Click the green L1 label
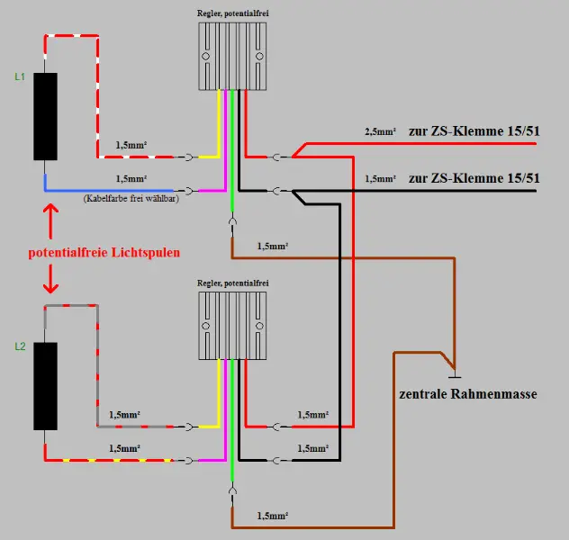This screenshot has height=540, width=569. (x=19, y=77)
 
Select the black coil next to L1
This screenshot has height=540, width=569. (x=45, y=115)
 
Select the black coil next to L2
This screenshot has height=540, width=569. (x=45, y=385)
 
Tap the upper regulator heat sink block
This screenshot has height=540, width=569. (x=232, y=57)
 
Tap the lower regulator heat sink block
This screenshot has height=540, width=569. (x=232, y=325)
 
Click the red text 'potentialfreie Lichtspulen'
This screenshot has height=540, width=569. (x=104, y=253)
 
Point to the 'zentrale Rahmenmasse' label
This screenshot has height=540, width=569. (x=468, y=393)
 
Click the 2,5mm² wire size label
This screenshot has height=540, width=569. (x=380, y=132)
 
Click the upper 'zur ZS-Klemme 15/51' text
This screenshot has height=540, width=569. (x=474, y=131)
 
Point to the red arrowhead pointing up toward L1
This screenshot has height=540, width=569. (x=50, y=213)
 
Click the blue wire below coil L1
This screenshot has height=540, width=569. (x=108, y=191)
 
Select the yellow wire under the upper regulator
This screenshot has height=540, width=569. (x=219, y=126)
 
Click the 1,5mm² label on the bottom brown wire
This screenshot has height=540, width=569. (x=274, y=516)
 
